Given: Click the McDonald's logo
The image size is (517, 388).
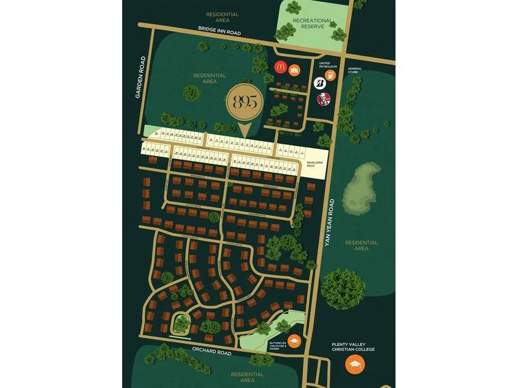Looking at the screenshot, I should (x=280, y=67).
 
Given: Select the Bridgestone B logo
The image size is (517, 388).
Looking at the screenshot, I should (x=319, y=82).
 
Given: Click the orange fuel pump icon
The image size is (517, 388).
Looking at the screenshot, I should (x=330, y=74).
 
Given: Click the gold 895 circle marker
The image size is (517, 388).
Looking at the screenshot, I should (x=245, y=104).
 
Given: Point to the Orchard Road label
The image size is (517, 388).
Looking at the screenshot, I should (x=211, y=351).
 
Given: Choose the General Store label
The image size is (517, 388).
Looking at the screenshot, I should (x=355, y=70).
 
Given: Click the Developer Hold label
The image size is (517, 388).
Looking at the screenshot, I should (x=313, y=164).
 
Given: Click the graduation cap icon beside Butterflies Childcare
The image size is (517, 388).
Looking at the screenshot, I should (x=294, y=339).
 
